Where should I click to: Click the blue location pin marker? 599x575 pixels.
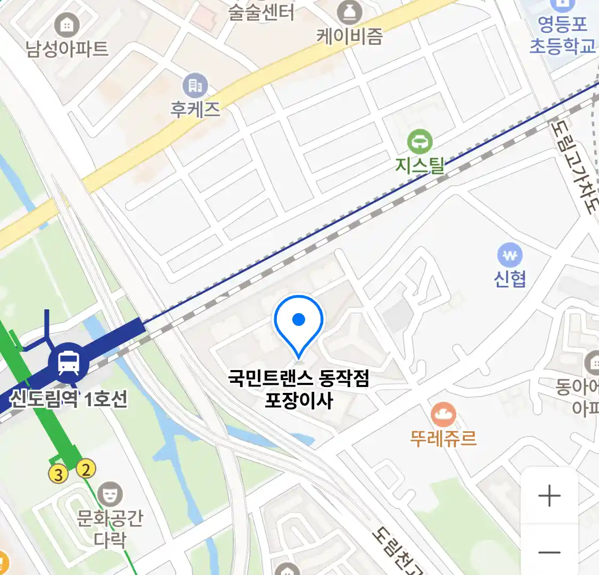(299, 321)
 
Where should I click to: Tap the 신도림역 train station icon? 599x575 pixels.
(69, 362)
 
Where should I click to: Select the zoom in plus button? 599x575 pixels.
(549, 496)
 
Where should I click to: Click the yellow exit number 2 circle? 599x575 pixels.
(86, 469)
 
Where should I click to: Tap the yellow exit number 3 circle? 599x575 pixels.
(59, 474)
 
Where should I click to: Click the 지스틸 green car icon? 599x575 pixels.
(420, 142)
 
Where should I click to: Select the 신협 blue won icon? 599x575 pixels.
(510, 256)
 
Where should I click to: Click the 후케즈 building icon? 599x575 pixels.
(195, 85)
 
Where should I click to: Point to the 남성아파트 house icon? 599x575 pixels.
(67, 24)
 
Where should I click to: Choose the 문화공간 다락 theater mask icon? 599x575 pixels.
(110, 495)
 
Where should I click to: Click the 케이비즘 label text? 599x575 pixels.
(349, 36)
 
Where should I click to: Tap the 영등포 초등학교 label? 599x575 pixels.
(562, 35)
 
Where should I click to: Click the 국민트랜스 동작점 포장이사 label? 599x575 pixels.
(299, 389)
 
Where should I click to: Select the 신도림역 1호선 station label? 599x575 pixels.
(69, 398)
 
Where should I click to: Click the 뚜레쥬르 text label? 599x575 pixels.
(443, 438)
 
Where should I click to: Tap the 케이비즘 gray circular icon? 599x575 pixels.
(349, 12)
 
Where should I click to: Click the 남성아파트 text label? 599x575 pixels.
(67, 49)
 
